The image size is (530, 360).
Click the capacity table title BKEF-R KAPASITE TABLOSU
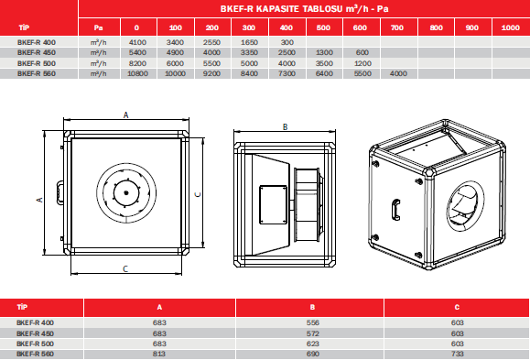pos(281,9)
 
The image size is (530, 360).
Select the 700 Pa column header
pos(397,27)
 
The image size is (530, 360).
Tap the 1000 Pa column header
pos(510,27)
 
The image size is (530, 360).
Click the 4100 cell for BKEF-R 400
pos(137,43)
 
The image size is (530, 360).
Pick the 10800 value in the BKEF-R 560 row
pos(137,73)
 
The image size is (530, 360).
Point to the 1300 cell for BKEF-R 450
pos(324,53)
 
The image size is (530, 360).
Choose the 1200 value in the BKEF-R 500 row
pos(362,63)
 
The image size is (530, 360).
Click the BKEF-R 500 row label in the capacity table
pos(37,63)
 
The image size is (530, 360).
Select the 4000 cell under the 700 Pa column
pos(398,73)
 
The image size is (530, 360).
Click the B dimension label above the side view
pos(286,127)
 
